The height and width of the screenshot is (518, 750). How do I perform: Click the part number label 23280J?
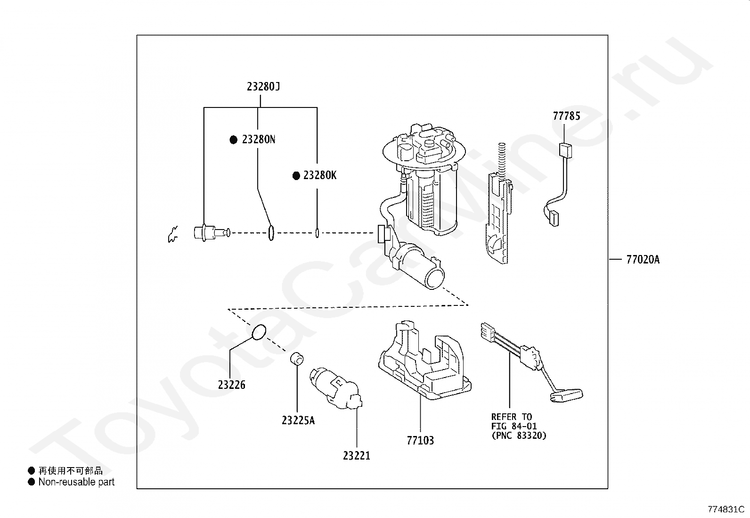click(x=263, y=87)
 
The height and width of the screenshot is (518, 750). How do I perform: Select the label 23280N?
click(x=258, y=140)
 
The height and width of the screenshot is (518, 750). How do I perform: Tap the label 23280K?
click(x=320, y=175)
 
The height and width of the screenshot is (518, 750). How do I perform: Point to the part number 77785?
click(x=566, y=116)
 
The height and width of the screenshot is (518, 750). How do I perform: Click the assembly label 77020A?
click(x=643, y=260)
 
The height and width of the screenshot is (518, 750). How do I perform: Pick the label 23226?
click(x=231, y=385)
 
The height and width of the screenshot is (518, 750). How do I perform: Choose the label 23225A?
click(x=298, y=420)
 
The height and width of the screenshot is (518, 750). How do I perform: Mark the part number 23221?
click(x=356, y=456)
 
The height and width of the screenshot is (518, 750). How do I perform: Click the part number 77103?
click(x=420, y=441)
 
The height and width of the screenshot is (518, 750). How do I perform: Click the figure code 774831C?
click(x=726, y=510)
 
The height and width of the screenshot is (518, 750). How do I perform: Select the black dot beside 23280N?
click(x=233, y=140)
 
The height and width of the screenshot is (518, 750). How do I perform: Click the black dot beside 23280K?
click(x=296, y=175)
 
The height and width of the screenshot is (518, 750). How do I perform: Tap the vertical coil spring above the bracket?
click(x=501, y=157)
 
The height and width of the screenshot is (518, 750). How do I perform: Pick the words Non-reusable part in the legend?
click(x=76, y=482)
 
